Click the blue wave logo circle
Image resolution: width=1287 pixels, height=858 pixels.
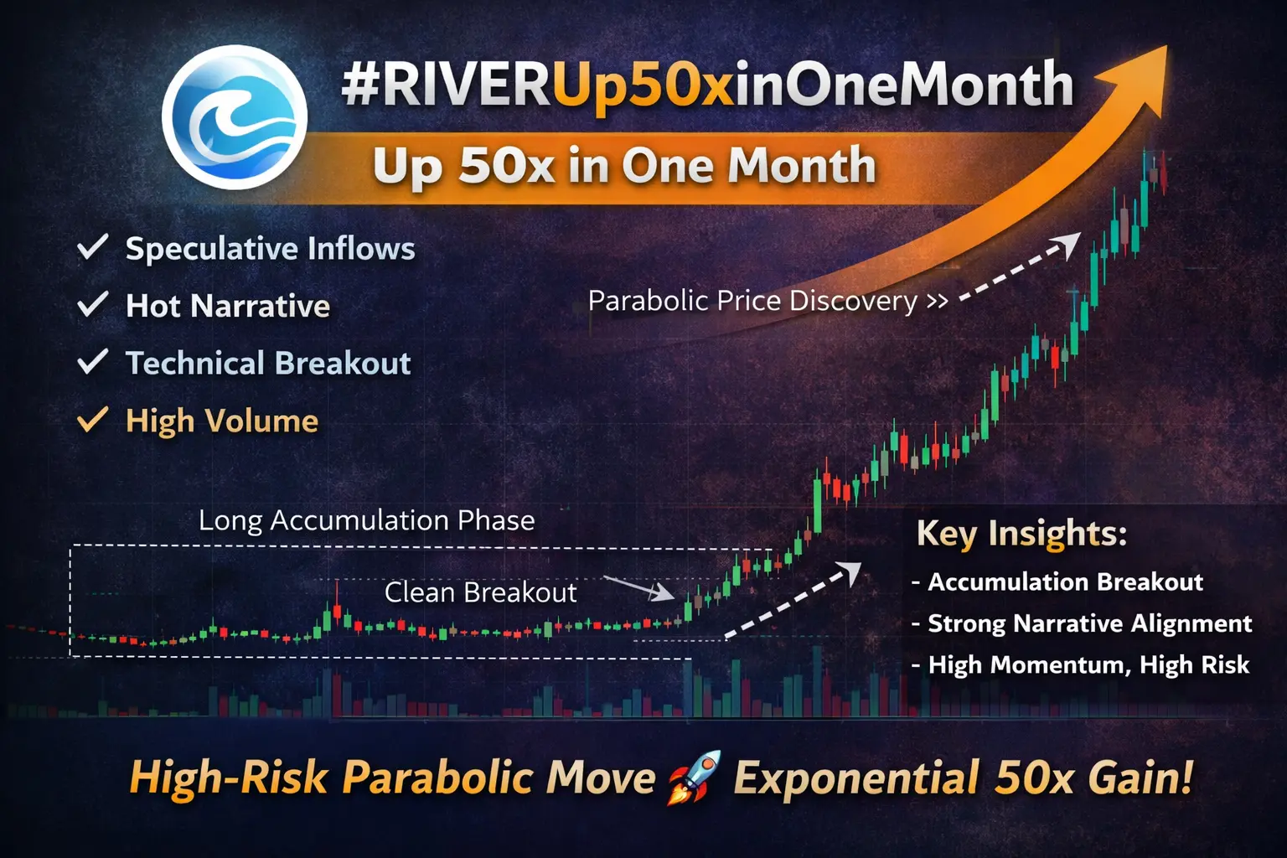(x=235, y=117)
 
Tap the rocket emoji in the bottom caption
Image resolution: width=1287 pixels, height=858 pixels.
(x=694, y=777)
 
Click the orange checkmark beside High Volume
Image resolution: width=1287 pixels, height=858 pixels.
(x=92, y=420)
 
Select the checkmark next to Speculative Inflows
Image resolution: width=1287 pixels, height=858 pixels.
(x=92, y=247)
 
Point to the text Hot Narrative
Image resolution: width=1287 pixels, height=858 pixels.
(x=228, y=305)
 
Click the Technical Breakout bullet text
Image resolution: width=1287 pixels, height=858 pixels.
(x=268, y=363)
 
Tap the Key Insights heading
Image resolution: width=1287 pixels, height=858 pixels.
(x=1021, y=534)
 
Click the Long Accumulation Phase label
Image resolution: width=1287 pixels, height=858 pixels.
(x=366, y=520)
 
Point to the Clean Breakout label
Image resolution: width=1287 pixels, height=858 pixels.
(x=480, y=592)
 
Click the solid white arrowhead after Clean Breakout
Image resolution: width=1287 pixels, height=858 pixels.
(x=664, y=592)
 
